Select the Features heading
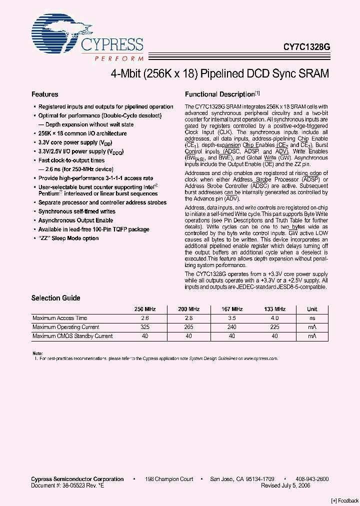[x=45, y=94]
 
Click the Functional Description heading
[x=220, y=94]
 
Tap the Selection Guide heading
[x=56, y=298]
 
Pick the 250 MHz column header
[x=145, y=309]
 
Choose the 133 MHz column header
[x=274, y=309]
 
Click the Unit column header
[x=312, y=309]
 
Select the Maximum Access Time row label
[x=60, y=318]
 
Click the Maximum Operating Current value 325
[x=145, y=327]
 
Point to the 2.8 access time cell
[x=188, y=318]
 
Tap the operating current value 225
[x=274, y=327]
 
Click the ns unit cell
[x=312, y=318]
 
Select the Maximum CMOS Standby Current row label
[x=72, y=336]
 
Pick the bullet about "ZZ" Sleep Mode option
[x=68, y=238]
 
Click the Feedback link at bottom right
[x=344, y=501]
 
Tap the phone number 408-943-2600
[x=311, y=479]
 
